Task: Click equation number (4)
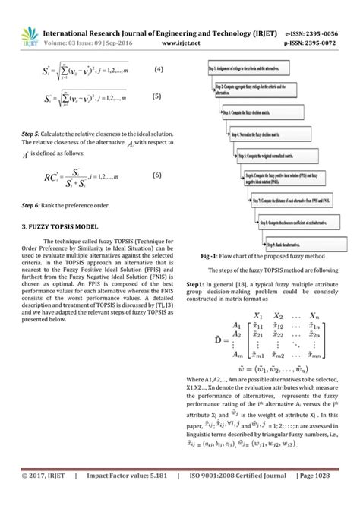point(158,70)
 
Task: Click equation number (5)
point(158,96)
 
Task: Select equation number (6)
point(158,175)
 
